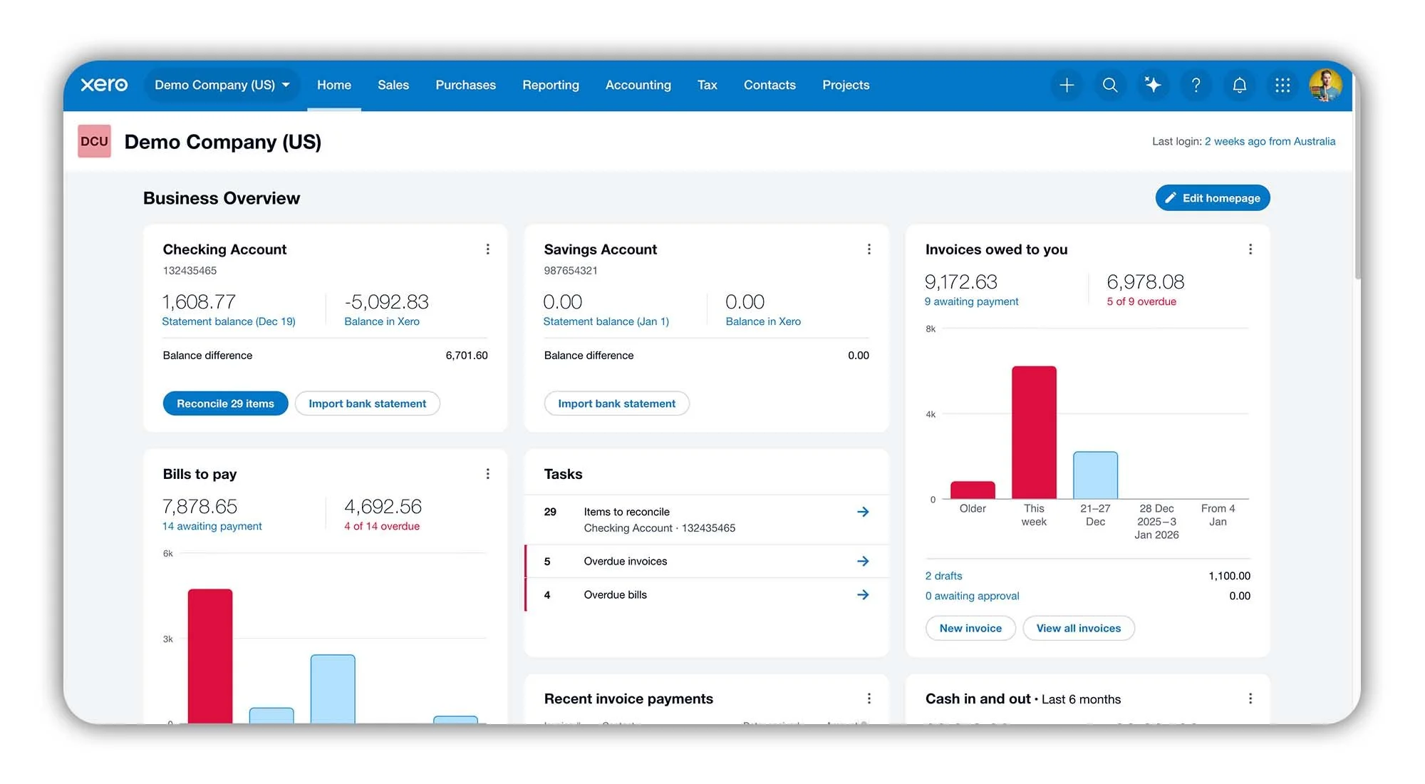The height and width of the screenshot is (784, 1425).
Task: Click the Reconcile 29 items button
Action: tap(225, 403)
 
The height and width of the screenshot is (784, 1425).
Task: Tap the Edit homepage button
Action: tap(1212, 198)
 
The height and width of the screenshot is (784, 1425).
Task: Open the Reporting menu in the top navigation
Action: tap(550, 85)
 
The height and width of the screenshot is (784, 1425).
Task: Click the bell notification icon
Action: tap(1239, 86)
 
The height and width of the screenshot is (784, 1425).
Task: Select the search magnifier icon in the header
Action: tap(1109, 86)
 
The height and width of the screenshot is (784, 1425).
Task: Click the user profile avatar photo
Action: tap(1325, 86)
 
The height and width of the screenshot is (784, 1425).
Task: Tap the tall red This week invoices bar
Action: tap(1034, 432)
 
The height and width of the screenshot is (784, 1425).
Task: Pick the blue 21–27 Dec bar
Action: tap(1095, 475)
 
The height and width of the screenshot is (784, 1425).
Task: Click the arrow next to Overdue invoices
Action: tap(863, 561)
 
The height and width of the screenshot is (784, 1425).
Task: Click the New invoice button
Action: tap(970, 628)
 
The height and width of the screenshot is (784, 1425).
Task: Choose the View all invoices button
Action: tap(1078, 628)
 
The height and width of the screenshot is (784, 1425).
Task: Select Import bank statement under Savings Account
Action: tap(616, 403)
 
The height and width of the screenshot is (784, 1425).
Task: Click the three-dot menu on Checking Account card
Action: tap(487, 249)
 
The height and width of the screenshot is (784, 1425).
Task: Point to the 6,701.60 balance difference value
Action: tap(466, 355)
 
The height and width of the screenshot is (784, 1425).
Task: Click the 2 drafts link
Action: tap(943, 576)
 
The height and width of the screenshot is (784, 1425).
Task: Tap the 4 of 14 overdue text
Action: tap(382, 526)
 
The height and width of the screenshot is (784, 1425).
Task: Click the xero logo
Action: tap(104, 85)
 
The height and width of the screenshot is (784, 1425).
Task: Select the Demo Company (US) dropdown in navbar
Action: tap(222, 85)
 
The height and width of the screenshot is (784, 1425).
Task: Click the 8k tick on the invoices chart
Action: tap(931, 329)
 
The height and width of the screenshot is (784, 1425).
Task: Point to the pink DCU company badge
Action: tap(94, 141)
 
